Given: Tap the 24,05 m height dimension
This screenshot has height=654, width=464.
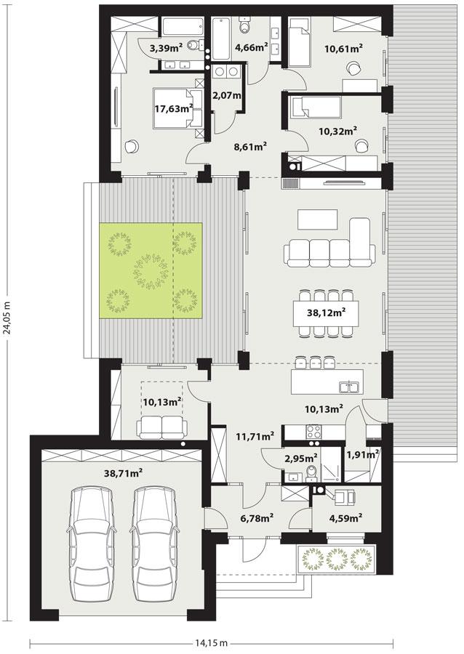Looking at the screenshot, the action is pyautogui.click(x=9, y=318).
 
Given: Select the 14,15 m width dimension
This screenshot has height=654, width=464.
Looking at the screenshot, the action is pyautogui.click(x=212, y=642).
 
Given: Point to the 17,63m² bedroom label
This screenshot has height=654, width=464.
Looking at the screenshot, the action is pyautogui.click(x=173, y=109).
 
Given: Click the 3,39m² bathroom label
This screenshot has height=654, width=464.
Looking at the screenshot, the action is pyautogui.click(x=167, y=48).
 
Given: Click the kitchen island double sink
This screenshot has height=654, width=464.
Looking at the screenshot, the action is pyautogui.click(x=351, y=387).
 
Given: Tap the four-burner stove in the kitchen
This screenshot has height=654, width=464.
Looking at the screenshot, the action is pyautogui.click(x=313, y=432).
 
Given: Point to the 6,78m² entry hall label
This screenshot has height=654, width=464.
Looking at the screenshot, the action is pyautogui.click(x=257, y=518).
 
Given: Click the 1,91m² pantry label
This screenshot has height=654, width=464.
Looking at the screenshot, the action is pyautogui.click(x=363, y=454).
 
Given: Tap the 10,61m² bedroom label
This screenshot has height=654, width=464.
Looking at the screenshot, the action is pyautogui.click(x=343, y=49).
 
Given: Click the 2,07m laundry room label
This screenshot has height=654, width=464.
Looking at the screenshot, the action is pyautogui.click(x=228, y=95).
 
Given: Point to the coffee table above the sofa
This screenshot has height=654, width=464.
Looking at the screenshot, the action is pyautogui.click(x=318, y=219).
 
